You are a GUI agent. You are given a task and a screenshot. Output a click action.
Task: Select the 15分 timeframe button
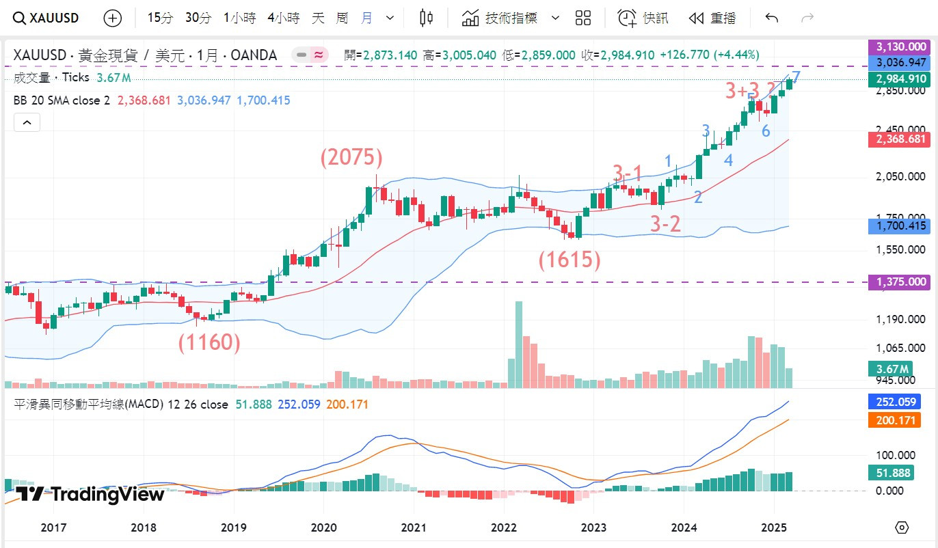pos(161,18)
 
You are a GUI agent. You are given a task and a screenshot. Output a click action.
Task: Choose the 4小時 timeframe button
pos(283,18)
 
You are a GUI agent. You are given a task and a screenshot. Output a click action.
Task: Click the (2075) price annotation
pos(351,158)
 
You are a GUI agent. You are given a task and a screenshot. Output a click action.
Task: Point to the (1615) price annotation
pos(569,260)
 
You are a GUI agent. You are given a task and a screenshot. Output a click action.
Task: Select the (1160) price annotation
pos(210,342)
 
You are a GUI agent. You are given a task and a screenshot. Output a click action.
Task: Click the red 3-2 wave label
pos(665,223)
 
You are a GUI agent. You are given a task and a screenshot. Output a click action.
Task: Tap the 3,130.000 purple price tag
pos(899,47)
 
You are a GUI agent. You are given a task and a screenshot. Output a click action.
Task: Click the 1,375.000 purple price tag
pos(899,282)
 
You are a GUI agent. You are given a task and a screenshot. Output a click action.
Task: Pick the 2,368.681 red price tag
pos(899,139)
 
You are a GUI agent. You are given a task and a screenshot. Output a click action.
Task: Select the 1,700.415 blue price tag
pos(899,226)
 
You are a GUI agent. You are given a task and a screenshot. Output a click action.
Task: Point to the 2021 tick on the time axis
pos(413,528)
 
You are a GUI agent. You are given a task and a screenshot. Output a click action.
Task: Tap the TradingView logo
pos(90,493)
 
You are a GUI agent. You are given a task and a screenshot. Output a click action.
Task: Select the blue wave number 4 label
pos(729,161)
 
